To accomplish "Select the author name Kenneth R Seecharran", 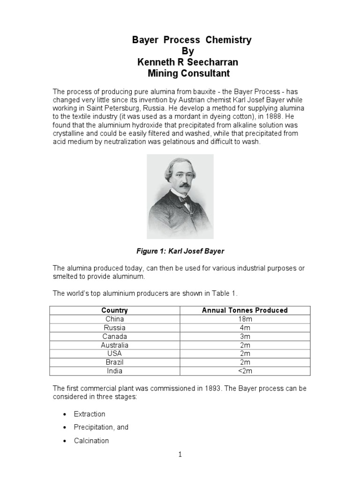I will pos(181,62).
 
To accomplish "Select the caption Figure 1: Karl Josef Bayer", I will pos(180,251).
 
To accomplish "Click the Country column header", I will pos(114,310).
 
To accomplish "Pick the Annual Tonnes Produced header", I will pos(245,310).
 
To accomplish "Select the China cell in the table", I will pos(114,319).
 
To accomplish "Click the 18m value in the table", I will pos(245,319).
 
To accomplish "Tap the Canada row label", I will pos(114,337).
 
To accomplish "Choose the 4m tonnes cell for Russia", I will pos(245,328).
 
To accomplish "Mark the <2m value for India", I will pos(245,371).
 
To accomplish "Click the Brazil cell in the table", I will pos(114,362).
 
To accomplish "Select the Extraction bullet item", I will pos(90,414).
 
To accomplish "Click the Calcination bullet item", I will pos(91,441).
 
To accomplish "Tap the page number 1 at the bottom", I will pos(180,454).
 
